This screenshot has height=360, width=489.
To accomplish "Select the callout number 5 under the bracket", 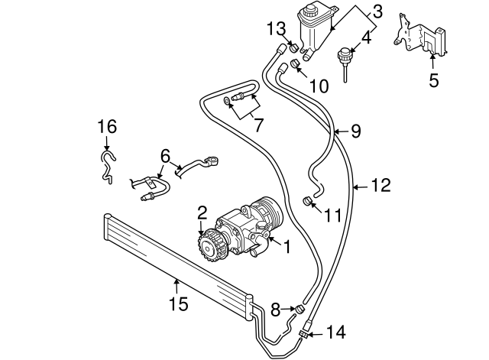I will (x=433, y=79).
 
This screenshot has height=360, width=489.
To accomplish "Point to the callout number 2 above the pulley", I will (x=202, y=212).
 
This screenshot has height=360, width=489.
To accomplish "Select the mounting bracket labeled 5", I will (x=419, y=37).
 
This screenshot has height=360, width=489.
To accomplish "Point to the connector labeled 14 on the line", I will (x=307, y=332).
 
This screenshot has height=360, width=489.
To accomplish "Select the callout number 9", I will (x=355, y=131).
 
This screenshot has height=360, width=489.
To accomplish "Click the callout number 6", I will (x=164, y=154).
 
